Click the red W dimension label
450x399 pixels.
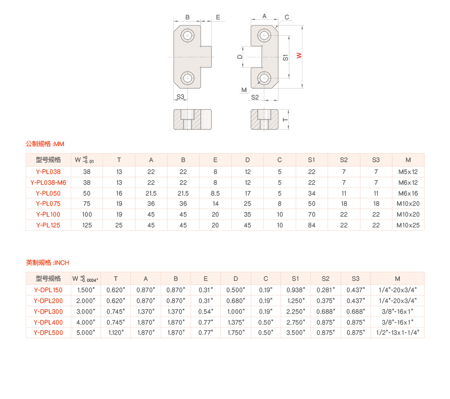click(x=298, y=56)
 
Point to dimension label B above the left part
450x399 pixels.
click(x=187, y=18)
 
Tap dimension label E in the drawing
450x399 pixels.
click(x=218, y=18)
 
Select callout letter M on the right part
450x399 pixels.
click(x=244, y=90)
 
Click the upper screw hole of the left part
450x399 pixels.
click(x=187, y=36)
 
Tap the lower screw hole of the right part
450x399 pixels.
click(x=264, y=77)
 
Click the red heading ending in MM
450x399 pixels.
click(x=46, y=144)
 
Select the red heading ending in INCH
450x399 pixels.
click(x=47, y=263)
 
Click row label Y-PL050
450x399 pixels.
click(x=48, y=193)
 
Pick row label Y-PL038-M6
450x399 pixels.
click(x=48, y=182)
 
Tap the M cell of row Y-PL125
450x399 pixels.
click(x=408, y=225)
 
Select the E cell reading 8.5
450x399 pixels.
click(x=215, y=193)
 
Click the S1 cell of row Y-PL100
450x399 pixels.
click(x=312, y=214)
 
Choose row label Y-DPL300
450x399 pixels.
click(x=48, y=311)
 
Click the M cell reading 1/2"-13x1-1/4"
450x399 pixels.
click(x=398, y=333)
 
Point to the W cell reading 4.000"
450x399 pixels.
click(x=85, y=322)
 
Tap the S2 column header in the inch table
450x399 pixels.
click(x=325, y=279)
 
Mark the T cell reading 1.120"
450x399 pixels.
click(x=116, y=333)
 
